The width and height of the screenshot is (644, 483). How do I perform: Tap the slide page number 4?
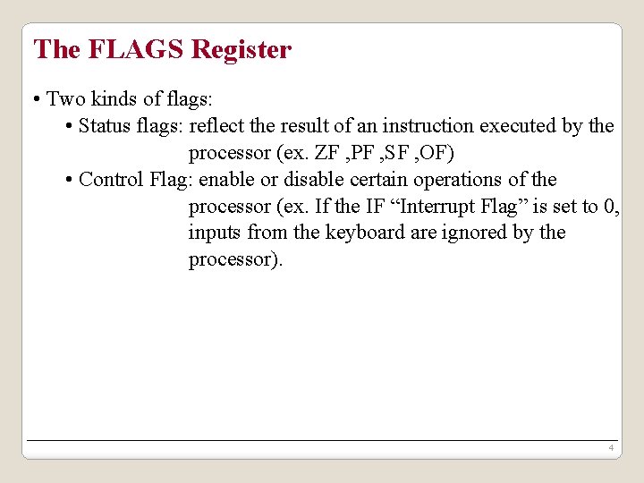coord(609,447)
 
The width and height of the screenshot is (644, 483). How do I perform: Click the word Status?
coord(105,126)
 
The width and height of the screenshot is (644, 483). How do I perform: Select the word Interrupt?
coord(440,207)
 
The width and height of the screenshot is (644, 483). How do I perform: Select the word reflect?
coord(217,126)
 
